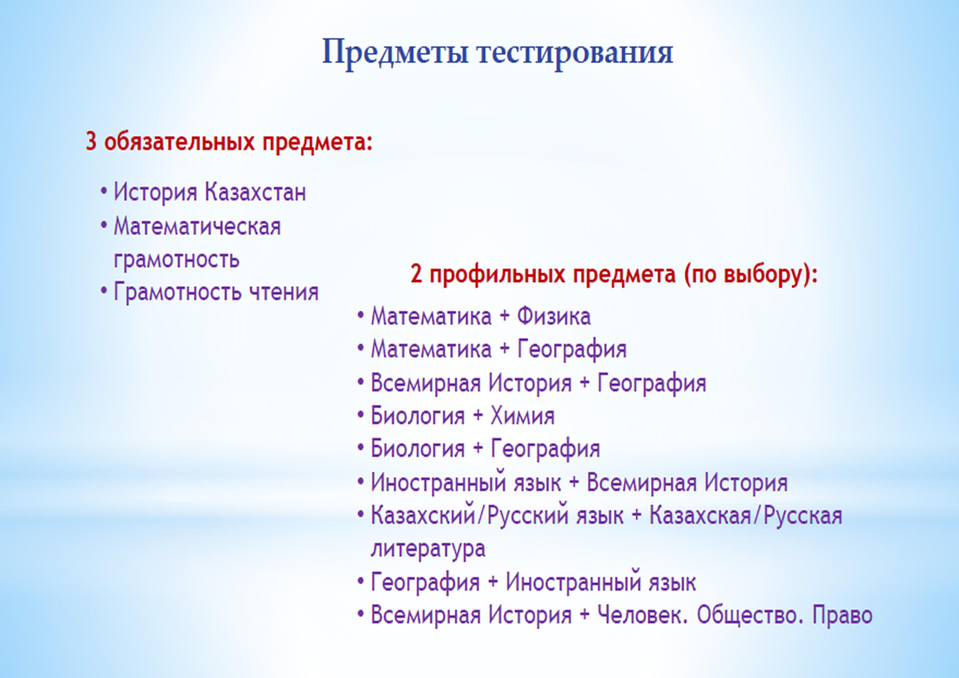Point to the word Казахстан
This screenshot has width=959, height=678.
click(255, 192)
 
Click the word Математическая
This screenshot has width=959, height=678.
click(197, 227)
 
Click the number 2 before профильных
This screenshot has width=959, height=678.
click(416, 274)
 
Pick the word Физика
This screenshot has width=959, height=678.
click(554, 316)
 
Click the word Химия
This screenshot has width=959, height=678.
click(522, 416)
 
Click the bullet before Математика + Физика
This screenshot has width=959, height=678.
click(361, 316)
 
